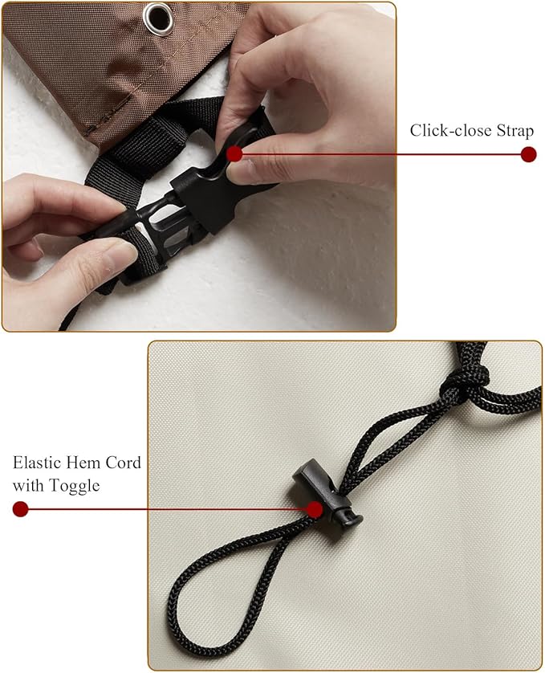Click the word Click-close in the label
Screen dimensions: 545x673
(x=450, y=130)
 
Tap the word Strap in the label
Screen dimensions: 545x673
(x=515, y=130)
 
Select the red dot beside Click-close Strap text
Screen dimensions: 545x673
(x=529, y=154)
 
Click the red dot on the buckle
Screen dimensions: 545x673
(x=234, y=154)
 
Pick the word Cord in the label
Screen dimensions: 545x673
(x=124, y=463)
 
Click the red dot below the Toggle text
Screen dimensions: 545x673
(x=21, y=509)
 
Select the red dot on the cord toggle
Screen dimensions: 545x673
(x=315, y=509)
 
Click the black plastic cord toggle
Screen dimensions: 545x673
(x=327, y=496)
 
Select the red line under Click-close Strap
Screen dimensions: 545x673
(x=381, y=154)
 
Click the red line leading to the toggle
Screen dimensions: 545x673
(x=168, y=509)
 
